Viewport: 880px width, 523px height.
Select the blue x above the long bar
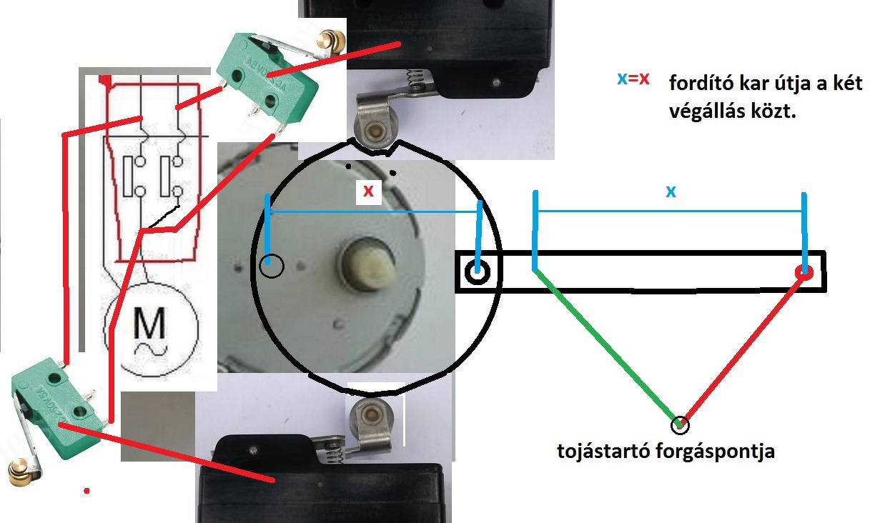[x=670, y=191]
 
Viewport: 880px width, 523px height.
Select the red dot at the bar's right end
[x=805, y=272]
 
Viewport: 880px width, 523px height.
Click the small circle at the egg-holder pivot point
[x=681, y=425]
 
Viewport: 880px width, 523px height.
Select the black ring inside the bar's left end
[x=477, y=272]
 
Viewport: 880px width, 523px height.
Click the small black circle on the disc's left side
[x=271, y=266]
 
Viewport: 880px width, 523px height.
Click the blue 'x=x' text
[x=634, y=79]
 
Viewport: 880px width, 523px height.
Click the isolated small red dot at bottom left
[x=86, y=491]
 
